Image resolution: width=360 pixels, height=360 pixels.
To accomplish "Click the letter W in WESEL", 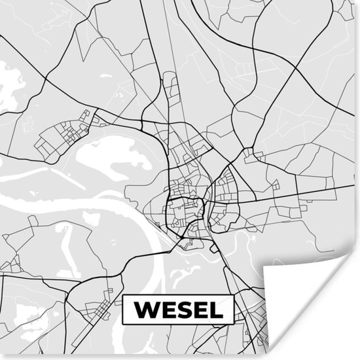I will click(146, 308).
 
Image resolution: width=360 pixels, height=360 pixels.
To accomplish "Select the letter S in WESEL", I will click(184, 308).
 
